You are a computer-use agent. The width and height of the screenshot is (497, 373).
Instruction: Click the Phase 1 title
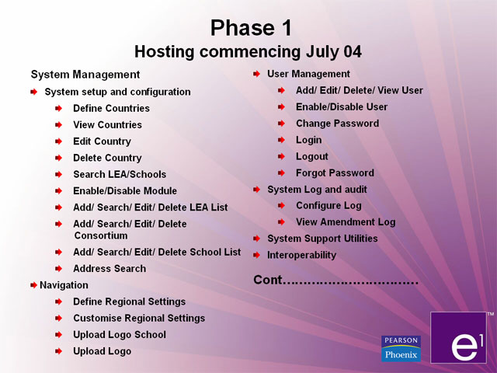(x=251, y=28)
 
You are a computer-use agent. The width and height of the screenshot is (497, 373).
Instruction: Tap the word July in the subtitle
(x=320, y=52)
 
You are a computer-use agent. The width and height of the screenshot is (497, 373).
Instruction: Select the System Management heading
(x=85, y=75)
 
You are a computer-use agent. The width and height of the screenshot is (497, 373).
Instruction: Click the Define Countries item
(x=111, y=109)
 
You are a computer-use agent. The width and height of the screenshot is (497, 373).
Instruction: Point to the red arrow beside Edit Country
(x=59, y=141)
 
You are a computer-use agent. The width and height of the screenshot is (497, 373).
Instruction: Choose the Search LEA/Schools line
(x=120, y=174)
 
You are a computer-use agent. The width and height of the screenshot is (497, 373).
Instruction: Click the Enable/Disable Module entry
(x=125, y=191)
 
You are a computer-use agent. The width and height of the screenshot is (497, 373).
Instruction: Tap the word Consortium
(x=101, y=235)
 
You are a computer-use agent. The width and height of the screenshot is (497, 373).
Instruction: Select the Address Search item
(x=109, y=269)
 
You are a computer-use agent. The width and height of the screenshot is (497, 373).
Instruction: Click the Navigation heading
(x=64, y=285)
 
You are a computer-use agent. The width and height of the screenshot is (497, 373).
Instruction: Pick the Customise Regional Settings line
(x=139, y=318)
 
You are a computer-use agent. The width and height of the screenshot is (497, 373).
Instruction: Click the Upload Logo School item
(x=120, y=335)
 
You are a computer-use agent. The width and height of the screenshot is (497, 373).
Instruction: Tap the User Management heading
(x=308, y=74)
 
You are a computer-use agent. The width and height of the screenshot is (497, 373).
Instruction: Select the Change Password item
(x=337, y=124)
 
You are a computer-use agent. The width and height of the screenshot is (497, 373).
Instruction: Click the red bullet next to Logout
(x=281, y=156)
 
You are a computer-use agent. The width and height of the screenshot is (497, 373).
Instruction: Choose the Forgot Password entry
(x=335, y=173)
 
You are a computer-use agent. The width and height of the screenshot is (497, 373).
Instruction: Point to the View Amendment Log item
(x=346, y=222)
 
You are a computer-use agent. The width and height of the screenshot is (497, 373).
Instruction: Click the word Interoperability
(x=302, y=256)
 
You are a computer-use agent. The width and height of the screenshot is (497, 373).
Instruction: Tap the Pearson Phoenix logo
(x=401, y=349)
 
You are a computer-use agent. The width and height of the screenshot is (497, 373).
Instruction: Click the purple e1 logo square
(x=458, y=337)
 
